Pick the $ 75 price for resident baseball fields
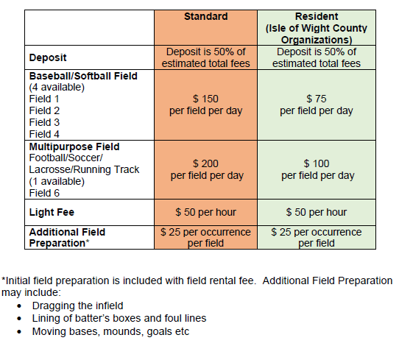pyautogui.click(x=317, y=99)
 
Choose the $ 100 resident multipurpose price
pyautogui.click(x=317, y=163)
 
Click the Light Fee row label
pyautogui.click(x=53, y=212)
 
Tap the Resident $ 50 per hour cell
pyautogui.click(x=317, y=212)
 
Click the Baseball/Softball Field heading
pyautogui.click(x=83, y=76)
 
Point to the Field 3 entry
pyautogui.click(x=45, y=122)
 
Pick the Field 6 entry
pyautogui.click(x=45, y=193)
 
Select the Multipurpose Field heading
pyautogui.click(x=74, y=147)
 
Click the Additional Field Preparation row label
pyautogui.click(x=66, y=237)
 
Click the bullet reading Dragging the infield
pyautogui.click(x=77, y=306)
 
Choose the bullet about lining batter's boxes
pyautogui.click(x=119, y=318)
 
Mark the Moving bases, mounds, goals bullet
pyautogui.click(x=110, y=331)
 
